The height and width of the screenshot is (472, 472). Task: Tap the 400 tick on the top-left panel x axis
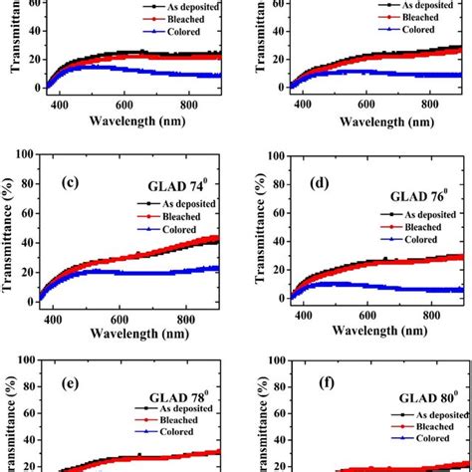tap(59, 105)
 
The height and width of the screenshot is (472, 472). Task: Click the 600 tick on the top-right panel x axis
tap(364, 105)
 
